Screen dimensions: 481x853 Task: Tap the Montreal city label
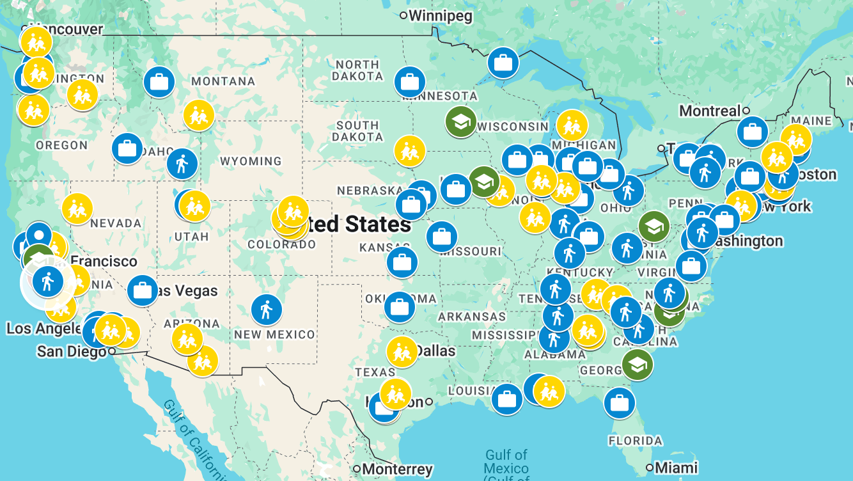click(709, 111)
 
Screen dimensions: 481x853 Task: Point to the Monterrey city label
click(397, 469)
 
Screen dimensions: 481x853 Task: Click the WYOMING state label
click(251, 161)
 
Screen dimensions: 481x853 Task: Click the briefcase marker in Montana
click(159, 82)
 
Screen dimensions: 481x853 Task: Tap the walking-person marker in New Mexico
click(267, 310)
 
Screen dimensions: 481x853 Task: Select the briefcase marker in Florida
click(619, 404)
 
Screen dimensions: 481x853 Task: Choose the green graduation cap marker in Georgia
click(638, 365)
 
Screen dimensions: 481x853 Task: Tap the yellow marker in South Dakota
click(409, 152)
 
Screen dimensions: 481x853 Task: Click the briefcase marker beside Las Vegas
click(143, 291)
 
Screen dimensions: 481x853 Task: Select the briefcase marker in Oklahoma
click(400, 308)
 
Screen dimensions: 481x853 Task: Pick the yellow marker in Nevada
click(77, 209)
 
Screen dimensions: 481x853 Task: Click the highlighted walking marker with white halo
click(47, 282)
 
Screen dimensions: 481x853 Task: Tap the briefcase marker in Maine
click(753, 132)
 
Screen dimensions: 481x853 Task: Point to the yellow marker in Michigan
click(572, 125)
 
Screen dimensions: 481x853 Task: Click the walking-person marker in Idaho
click(182, 164)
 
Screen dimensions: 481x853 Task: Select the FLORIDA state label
click(635, 441)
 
